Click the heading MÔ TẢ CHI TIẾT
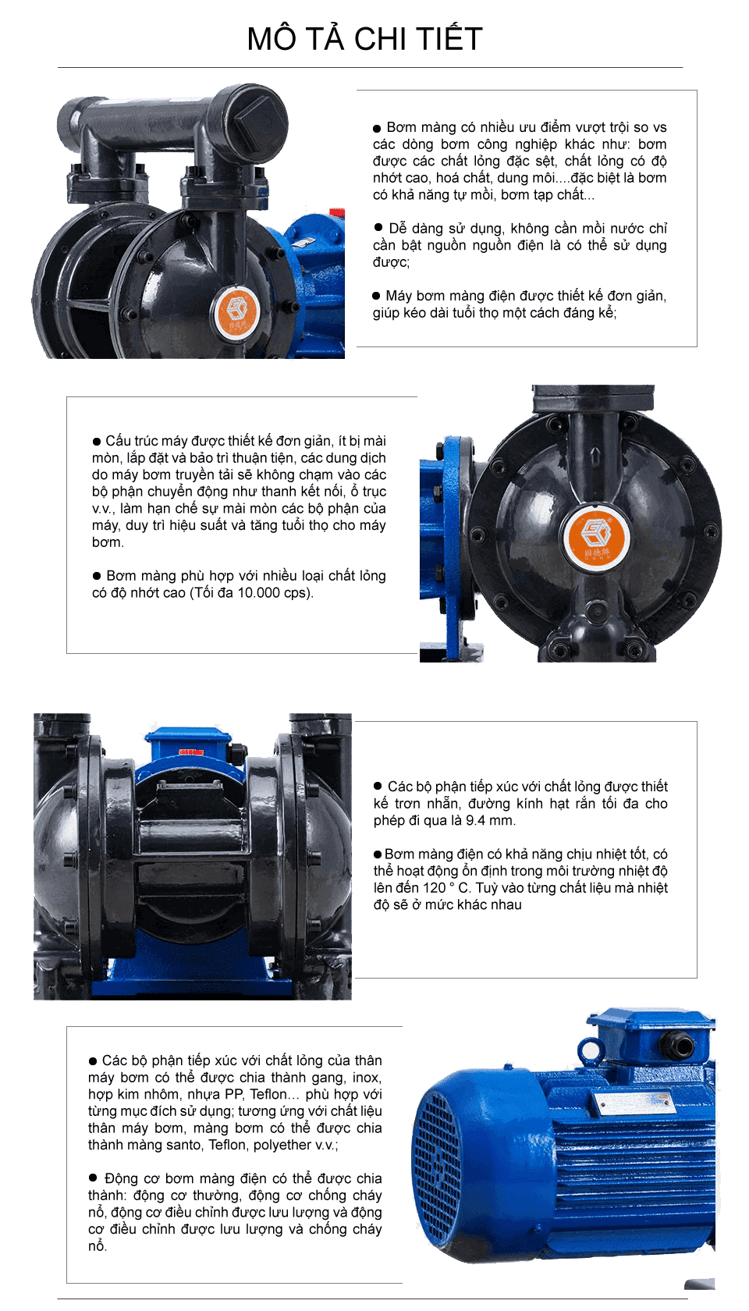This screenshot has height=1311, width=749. click(364, 39)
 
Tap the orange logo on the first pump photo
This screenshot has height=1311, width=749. click(236, 313)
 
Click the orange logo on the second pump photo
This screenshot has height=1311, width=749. click(595, 538)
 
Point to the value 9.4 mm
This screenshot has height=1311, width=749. click(490, 820)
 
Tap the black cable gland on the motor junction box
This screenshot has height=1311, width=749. click(683, 1046)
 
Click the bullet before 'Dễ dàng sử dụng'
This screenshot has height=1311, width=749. click(378, 228)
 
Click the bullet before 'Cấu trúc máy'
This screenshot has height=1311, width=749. click(97, 442)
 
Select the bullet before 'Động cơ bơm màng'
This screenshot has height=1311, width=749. click(94, 1178)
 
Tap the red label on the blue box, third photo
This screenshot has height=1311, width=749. click(191, 752)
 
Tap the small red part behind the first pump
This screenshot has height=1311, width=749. click(337, 213)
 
